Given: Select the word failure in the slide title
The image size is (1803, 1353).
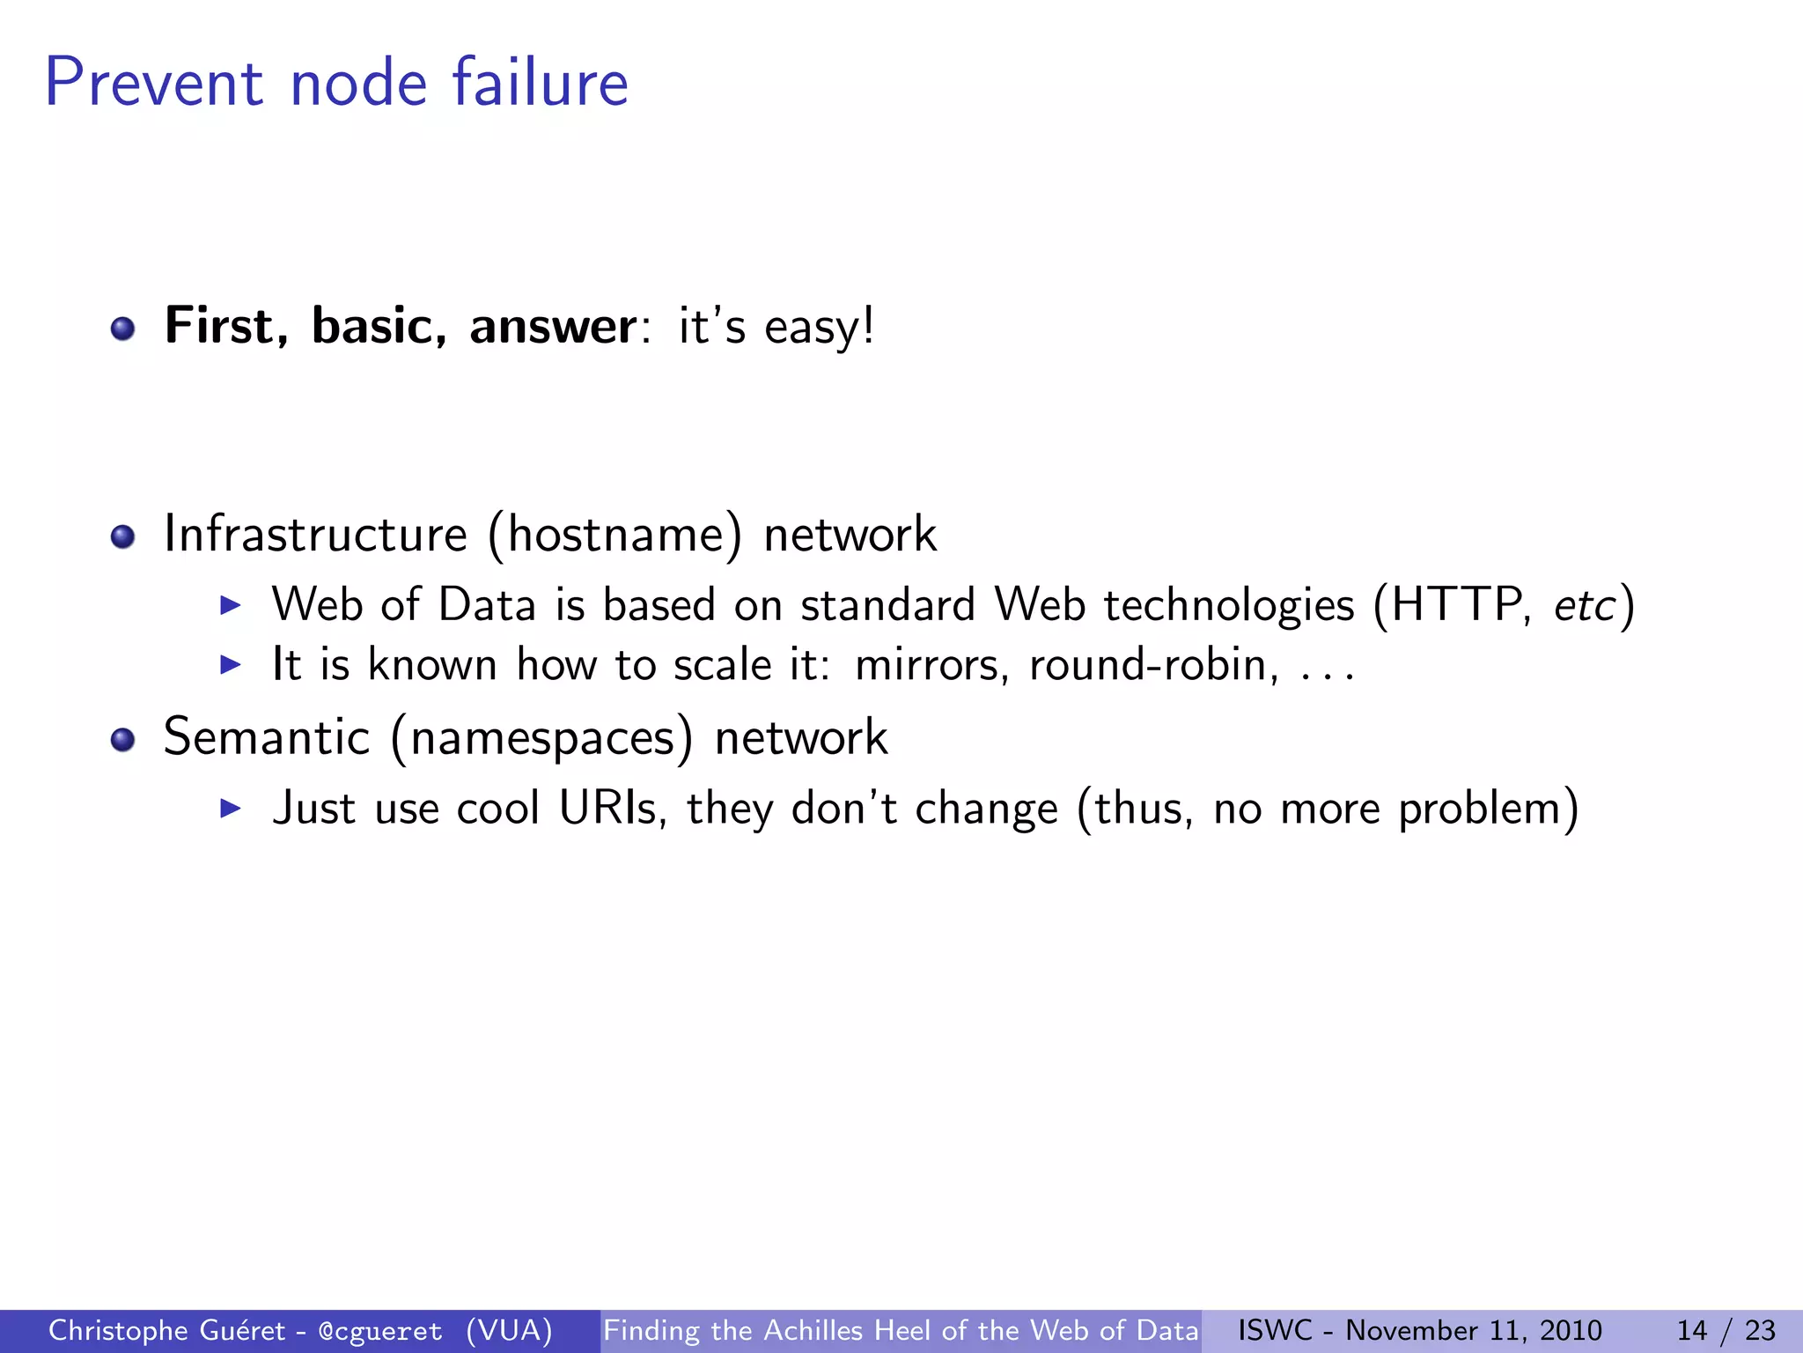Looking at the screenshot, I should click(540, 83).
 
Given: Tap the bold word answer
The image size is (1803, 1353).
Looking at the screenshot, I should click(552, 327).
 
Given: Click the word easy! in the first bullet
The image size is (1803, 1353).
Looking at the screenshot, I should click(819, 329).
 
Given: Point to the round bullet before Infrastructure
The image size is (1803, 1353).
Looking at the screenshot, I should click(122, 536).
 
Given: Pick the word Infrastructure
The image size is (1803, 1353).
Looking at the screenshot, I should click(315, 535).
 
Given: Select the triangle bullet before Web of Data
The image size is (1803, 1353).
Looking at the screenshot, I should click(230, 605).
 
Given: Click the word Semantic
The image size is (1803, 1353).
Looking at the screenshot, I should click(267, 737).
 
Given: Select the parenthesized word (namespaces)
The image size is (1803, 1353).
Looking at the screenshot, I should click(541, 739).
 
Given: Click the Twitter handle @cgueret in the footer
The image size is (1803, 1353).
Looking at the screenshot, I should click(380, 1331).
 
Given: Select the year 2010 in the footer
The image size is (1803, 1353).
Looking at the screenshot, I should click(1571, 1330).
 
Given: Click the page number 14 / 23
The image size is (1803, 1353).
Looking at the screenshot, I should click(1726, 1330).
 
